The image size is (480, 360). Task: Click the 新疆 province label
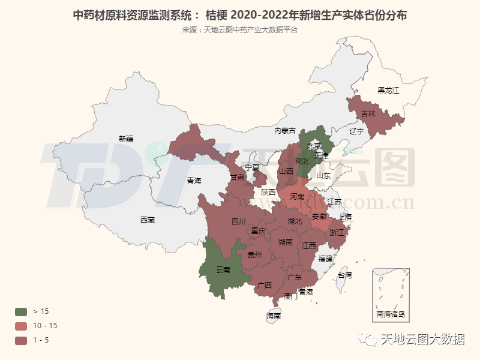tap(126, 139)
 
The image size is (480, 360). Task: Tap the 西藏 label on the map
tap(147, 220)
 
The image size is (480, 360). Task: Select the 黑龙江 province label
tap(388, 91)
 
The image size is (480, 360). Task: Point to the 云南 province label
tap(223, 270)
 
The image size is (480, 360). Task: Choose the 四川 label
tap(238, 222)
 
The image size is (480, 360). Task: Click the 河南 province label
tap(297, 197)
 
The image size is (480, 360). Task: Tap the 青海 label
tap(194, 181)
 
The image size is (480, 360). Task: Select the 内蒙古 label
tap(285, 131)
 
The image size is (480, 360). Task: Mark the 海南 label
tap(274, 316)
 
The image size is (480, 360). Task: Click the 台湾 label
tap(345, 276)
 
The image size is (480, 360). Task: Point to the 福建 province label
tap(326, 259)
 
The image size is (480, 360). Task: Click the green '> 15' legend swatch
tap(21, 311)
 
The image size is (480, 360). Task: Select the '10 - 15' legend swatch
tap(21, 326)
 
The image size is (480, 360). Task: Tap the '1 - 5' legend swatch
tap(21, 341)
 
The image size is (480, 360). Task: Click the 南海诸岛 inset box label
tap(391, 314)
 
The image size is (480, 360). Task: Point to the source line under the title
tap(240, 30)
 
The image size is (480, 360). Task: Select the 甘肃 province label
tap(237, 178)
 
